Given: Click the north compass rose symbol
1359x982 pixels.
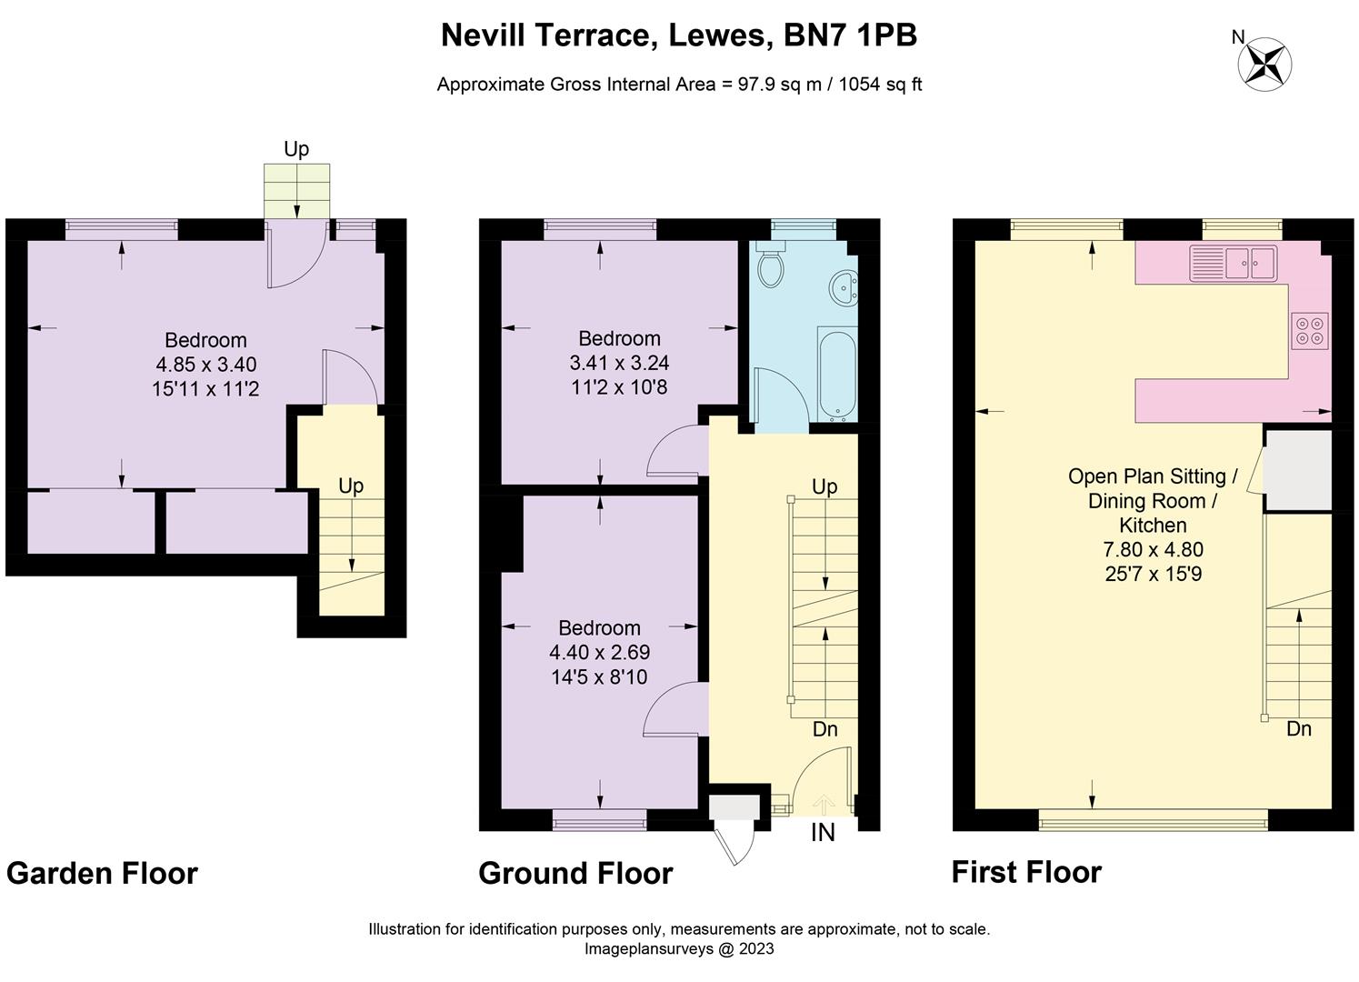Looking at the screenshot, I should click(1264, 64).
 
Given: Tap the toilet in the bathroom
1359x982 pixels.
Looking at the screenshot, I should click(770, 265).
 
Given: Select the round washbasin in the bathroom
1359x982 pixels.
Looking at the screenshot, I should click(843, 289).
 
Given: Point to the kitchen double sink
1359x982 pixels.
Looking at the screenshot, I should click(1234, 264).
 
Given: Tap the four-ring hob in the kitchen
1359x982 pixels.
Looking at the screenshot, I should click(1310, 330).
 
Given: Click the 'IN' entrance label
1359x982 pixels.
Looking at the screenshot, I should click(823, 832).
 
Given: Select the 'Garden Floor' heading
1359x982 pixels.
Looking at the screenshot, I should click(102, 874).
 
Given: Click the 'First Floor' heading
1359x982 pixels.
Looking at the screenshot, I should click(1026, 872).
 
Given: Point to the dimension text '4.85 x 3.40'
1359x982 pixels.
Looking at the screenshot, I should click(206, 365).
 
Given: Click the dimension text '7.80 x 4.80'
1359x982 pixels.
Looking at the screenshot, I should click(1153, 550).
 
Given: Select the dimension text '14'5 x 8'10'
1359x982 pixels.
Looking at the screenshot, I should click(599, 676).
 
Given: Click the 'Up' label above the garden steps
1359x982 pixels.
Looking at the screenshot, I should click(296, 149).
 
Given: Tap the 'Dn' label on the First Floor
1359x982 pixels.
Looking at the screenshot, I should click(1299, 729).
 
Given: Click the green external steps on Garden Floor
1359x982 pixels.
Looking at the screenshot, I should click(296, 191).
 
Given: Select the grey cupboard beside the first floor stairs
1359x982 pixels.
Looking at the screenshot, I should click(1298, 470).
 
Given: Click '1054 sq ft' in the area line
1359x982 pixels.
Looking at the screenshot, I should click(880, 85).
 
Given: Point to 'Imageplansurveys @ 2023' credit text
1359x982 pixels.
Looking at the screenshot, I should click(678, 949).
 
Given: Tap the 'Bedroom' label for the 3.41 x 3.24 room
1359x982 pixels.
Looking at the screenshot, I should click(619, 338).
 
